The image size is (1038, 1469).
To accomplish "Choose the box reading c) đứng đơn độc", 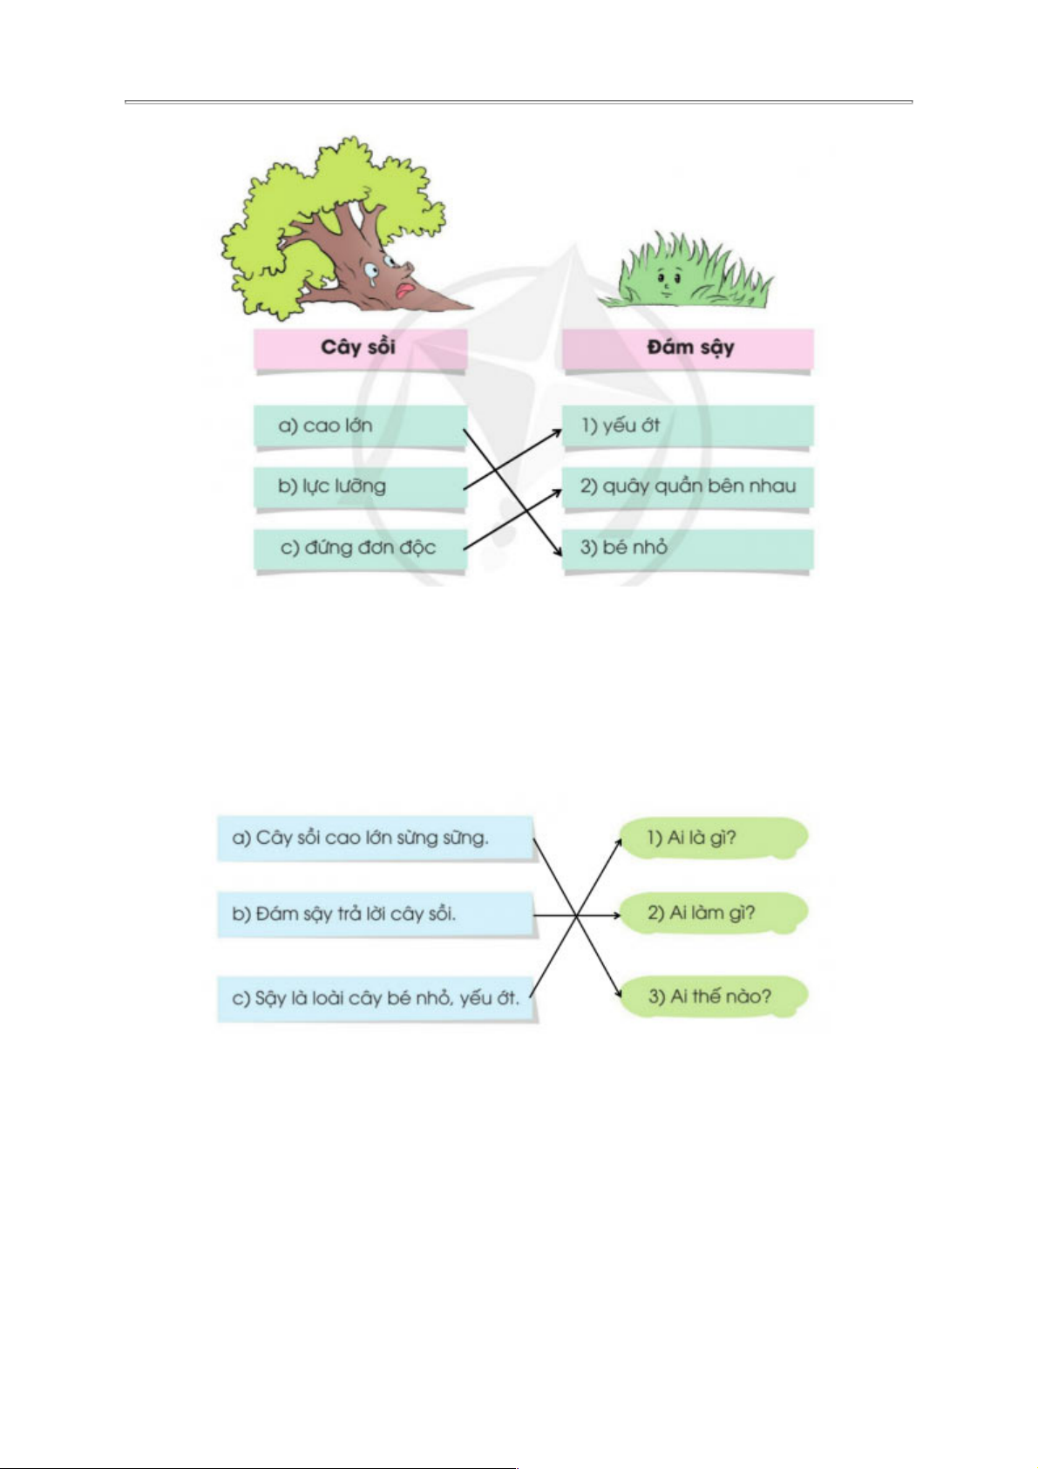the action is coord(360,548).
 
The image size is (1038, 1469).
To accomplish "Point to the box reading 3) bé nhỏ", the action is coord(688,548).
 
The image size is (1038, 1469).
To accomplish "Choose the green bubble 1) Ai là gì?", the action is coord(714,838).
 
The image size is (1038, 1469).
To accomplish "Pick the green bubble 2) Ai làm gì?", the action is coord(714,913).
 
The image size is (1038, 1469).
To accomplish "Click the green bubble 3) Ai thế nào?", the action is coord(714,996).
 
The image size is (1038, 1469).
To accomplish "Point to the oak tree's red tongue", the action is coord(404,290).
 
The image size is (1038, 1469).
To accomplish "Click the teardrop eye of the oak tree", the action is coord(371,271).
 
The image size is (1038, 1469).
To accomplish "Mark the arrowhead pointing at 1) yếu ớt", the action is coord(557,432).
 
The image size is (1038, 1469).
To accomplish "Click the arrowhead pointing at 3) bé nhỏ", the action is coord(558,550).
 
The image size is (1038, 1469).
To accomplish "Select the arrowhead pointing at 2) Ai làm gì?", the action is coord(615,915).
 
